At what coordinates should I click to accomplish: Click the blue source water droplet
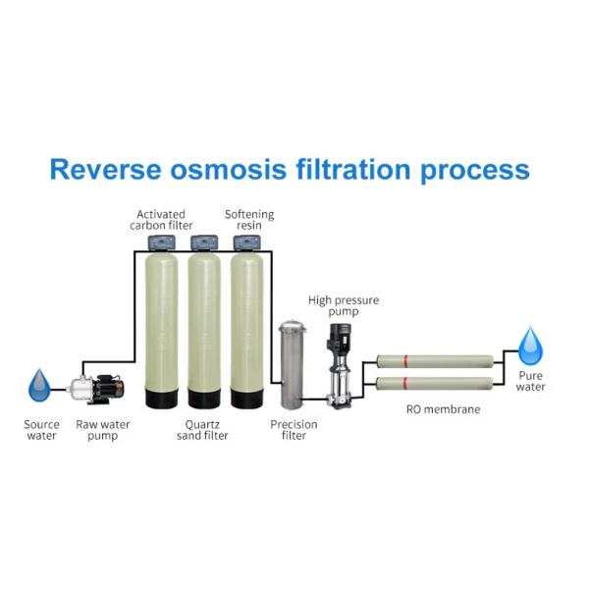click(x=39, y=385)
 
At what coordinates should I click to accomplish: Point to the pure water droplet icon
click(x=531, y=346)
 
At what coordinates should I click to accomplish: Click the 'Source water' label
click(x=41, y=430)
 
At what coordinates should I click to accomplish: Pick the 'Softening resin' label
click(x=249, y=219)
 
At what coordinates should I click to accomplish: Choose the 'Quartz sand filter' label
click(x=203, y=430)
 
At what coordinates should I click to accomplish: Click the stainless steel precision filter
click(x=292, y=364)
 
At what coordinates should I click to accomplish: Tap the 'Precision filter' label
click(x=293, y=430)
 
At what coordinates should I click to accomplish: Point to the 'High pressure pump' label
click(x=344, y=305)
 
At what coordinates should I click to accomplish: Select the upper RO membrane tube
click(x=434, y=360)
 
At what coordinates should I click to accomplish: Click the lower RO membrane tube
click(x=434, y=383)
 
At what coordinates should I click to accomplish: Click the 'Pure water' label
click(x=531, y=381)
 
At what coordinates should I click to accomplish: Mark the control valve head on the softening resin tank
click(x=246, y=242)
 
